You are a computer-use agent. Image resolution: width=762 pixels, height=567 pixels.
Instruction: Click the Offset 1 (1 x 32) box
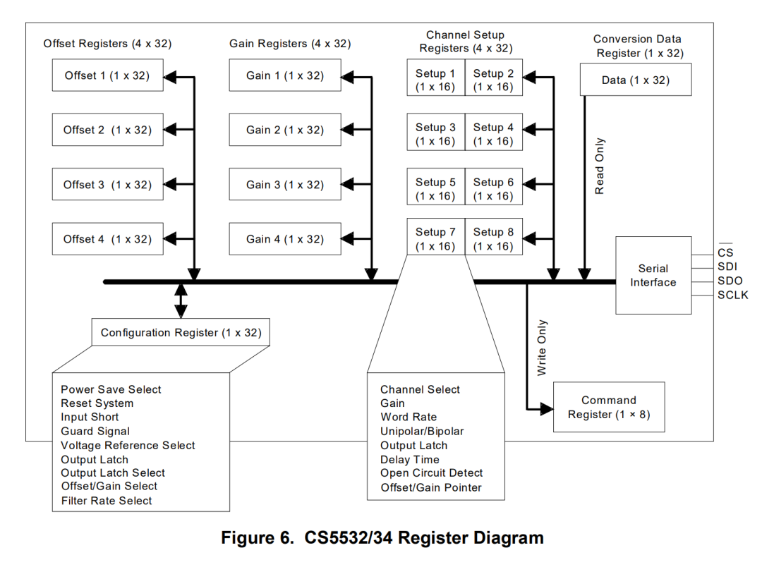pyautogui.click(x=107, y=75)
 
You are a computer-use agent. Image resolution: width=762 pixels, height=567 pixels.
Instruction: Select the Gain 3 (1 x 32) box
pyautogui.click(x=284, y=185)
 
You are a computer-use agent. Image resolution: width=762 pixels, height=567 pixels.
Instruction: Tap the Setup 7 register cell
pyautogui.click(x=435, y=239)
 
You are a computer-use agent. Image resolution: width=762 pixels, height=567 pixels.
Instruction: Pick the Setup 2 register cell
pyautogui.click(x=493, y=80)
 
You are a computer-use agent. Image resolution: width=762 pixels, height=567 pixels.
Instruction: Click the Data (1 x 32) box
pyautogui.click(x=635, y=80)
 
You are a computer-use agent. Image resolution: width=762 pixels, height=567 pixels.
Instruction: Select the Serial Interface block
pyautogui.click(x=653, y=275)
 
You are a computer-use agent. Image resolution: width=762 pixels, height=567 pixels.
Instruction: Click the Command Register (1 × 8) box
pyautogui.click(x=608, y=407)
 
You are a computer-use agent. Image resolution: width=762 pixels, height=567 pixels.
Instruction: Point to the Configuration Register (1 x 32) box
pyautogui.click(x=181, y=332)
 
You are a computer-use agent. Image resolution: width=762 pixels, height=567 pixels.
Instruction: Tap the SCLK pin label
pyautogui.click(x=732, y=295)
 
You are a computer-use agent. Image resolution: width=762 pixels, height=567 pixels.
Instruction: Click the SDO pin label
pyautogui.click(x=730, y=281)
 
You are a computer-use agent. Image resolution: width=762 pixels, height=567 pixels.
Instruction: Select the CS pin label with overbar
pyautogui.click(x=725, y=252)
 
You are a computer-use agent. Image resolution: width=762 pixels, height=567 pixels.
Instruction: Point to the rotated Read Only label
pyautogui.click(x=600, y=166)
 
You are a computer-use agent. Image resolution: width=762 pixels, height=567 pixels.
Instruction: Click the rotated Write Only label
pyautogui.click(x=541, y=348)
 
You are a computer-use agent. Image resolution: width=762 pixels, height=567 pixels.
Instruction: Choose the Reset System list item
pyautogui.click(x=97, y=403)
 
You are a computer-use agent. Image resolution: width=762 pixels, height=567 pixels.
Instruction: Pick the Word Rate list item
pyautogui.click(x=409, y=417)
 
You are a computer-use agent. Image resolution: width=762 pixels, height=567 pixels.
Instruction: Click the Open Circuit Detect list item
pyautogui.click(x=431, y=473)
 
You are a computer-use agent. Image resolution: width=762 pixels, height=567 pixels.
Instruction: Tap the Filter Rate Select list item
pyautogui.click(x=106, y=501)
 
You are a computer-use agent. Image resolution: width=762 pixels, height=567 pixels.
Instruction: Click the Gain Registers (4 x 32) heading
pyautogui.click(x=289, y=44)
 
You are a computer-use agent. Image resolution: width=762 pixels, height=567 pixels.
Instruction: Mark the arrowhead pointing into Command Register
pyautogui.click(x=547, y=408)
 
